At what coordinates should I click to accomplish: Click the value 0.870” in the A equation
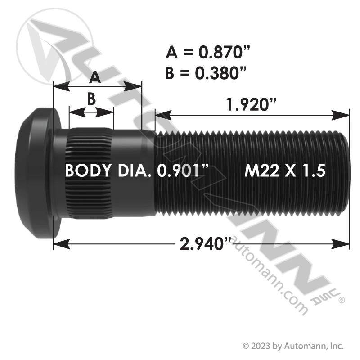coord(224,52)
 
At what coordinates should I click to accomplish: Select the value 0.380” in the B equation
coord(220,73)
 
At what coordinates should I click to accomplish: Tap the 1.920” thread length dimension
coord(252,104)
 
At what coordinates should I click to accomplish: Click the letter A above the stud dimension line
coord(95,77)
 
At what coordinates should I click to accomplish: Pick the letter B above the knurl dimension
coord(91,99)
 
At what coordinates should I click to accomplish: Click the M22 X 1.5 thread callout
coord(285,171)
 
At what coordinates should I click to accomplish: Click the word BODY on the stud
coord(88,171)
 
